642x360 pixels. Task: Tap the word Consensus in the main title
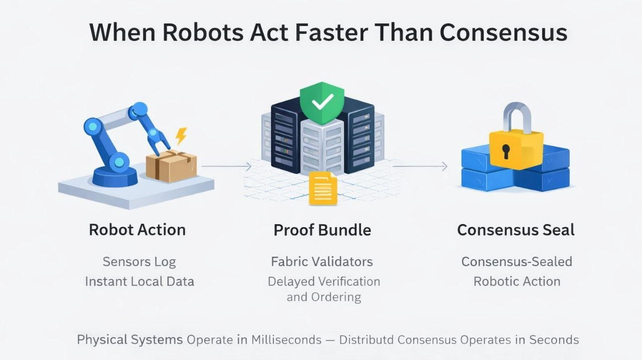click(x=503, y=33)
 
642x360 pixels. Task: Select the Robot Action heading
click(x=137, y=230)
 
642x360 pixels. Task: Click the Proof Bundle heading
click(x=322, y=230)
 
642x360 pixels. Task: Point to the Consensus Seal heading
click(x=516, y=230)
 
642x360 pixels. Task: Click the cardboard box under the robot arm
click(x=171, y=166)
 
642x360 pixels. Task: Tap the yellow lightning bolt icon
click(x=181, y=135)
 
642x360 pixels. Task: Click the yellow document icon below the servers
click(x=323, y=188)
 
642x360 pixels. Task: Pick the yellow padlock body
click(x=516, y=149)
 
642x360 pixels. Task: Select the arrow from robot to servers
click(x=226, y=166)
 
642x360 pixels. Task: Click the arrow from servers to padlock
click(x=419, y=166)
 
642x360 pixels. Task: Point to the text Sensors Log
click(x=139, y=261)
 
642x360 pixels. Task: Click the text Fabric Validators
click(x=322, y=261)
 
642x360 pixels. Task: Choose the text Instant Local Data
click(x=139, y=281)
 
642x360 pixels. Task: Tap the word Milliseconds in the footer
click(x=286, y=339)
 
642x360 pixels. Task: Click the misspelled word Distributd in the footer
click(x=366, y=339)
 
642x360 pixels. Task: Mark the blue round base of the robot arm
click(x=115, y=175)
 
